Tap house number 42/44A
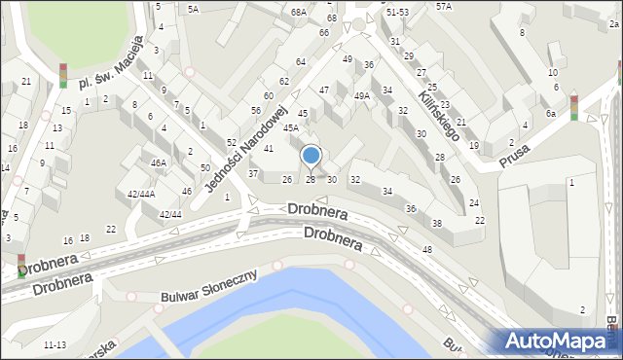(x=141, y=194)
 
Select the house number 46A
(x=158, y=163)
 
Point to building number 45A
(x=290, y=128)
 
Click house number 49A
(x=361, y=96)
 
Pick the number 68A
(x=298, y=12)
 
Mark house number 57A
(x=444, y=6)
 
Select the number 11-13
(x=55, y=344)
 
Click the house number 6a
(x=551, y=114)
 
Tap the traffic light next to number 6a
(x=574, y=107)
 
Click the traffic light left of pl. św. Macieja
(x=63, y=75)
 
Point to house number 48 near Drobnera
(x=426, y=250)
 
